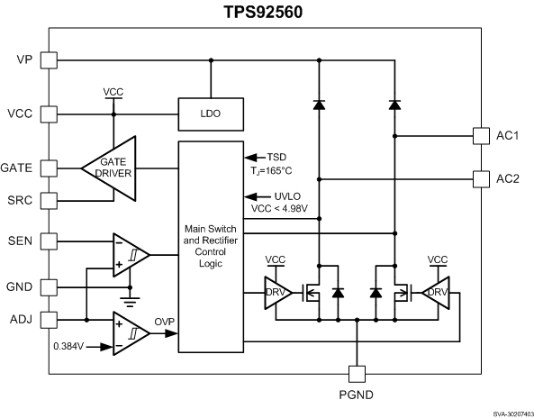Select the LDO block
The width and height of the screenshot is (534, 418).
[x=211, y=114]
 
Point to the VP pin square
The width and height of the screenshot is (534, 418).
[x=49, y=60]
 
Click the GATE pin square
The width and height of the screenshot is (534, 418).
[x=49, y=168]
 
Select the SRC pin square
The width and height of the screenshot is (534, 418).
[x=49, y=199]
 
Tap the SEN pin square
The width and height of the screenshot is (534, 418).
[x=49, y=241]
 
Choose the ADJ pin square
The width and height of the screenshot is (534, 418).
[x=49, y=319]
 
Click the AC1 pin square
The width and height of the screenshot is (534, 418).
[x=482, y=136]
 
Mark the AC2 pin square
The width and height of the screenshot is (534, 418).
[x=482, y=177]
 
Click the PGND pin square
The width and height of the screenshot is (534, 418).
[x=358, y=372]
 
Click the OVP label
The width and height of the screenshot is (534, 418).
[x=165, y=320]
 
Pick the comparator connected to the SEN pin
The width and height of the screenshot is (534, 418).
[x=128, y=254]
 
